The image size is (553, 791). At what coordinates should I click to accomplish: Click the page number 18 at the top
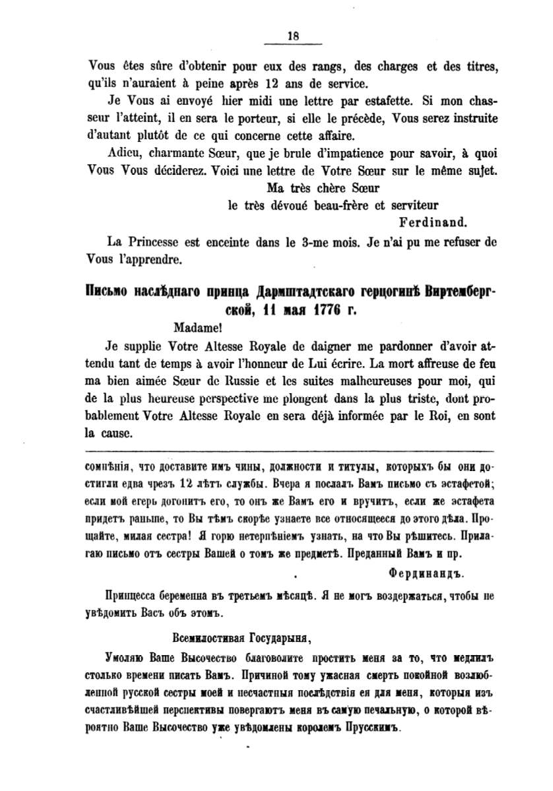[x=293, y=36]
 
